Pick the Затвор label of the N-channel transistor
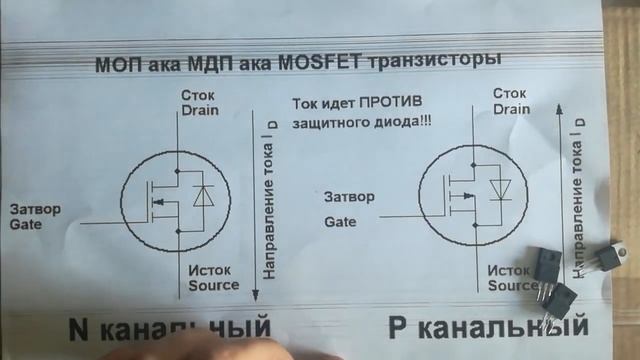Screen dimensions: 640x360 point(35,210)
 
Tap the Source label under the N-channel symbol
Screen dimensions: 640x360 point(214,284)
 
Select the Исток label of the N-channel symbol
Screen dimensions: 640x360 point(209,269)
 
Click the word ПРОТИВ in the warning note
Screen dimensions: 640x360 point(395,104)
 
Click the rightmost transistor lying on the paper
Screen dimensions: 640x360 point(603,258)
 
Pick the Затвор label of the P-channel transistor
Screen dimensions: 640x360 point(349,197)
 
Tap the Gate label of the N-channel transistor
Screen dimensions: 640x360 point(26,226)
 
